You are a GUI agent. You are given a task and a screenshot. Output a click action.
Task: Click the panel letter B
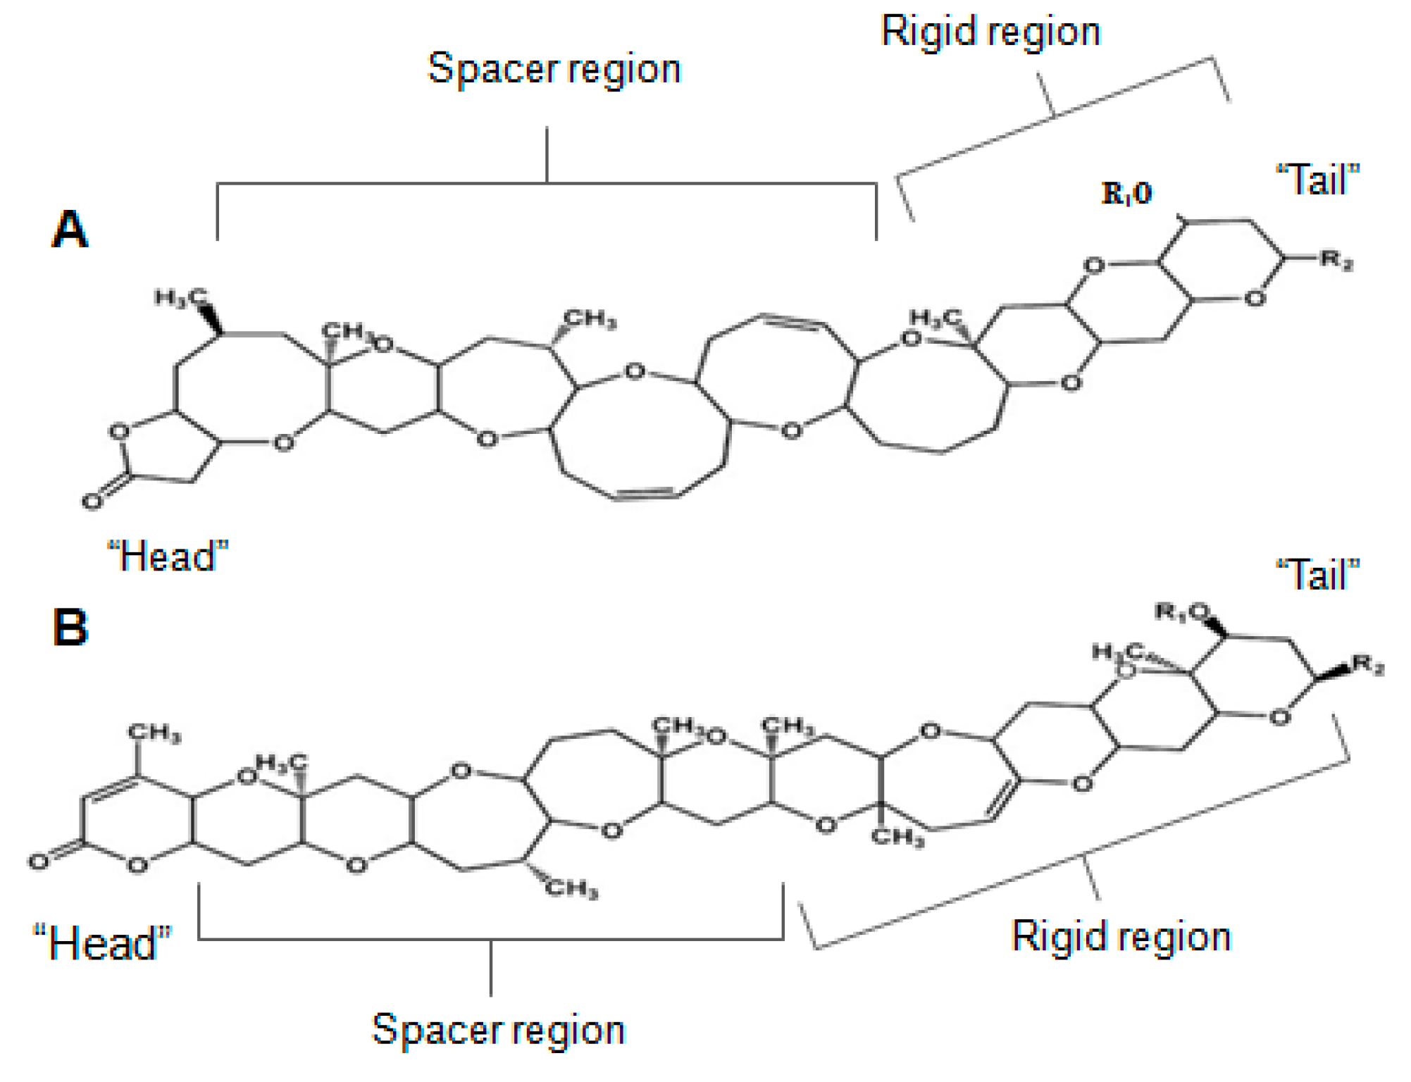[x=70, y=626]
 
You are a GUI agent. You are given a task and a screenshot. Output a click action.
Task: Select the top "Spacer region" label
[x=554, y=70]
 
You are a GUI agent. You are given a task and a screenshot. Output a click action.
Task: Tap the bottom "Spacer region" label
[x=498, y=1030]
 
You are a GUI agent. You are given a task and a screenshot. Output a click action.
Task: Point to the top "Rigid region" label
[x=990, y=32]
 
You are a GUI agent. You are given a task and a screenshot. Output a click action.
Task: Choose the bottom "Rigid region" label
[x=1121, y=937]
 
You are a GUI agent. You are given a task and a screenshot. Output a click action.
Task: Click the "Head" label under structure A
[x=168, y=556]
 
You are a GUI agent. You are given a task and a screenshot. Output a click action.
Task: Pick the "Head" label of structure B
[x=103, y=943]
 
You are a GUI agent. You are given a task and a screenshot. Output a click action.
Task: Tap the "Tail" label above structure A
[x=1317, y=180]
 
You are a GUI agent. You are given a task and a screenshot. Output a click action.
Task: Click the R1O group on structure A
[x=1126, y=193]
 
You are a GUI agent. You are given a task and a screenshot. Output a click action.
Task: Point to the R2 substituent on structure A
[x=1336, y=260]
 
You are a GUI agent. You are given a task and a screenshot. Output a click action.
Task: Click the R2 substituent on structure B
[x=1368, y=664]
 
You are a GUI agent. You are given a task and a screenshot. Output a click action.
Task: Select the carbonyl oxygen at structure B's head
[x=39, y=861]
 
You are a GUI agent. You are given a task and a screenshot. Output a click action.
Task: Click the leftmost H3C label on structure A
[x=180, y=297]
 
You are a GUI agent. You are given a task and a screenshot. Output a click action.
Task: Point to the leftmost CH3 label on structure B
[x=154, y=733]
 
